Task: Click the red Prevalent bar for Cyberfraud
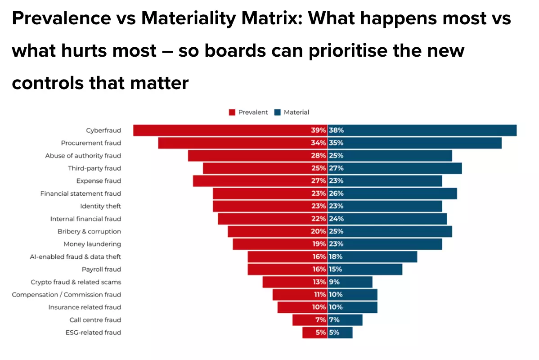(x=220, y=130)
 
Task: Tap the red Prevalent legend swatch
(x=233, y=112)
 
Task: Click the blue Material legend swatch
(x=278, y=112)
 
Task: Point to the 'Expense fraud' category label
(x=99, y=181)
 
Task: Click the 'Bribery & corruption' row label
(x=89, y=231)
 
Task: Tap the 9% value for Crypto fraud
(x=334, y=282)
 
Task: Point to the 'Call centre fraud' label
(x=95, y=320)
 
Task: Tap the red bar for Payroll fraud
(x=279, y=269)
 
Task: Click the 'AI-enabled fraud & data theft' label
(x=75, y=256)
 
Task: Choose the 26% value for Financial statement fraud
(x=336, y=193)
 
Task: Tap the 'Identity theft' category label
(x=100, y=206)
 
